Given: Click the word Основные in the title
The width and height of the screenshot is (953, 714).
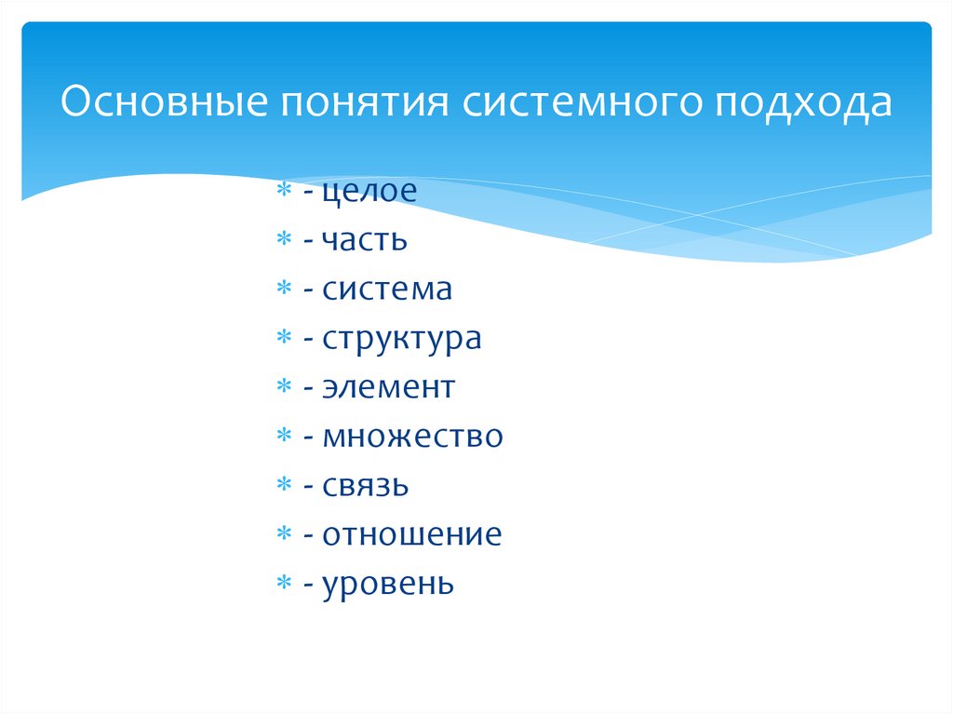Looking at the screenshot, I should click(158, 102).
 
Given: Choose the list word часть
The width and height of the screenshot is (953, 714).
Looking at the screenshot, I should click(365, 240).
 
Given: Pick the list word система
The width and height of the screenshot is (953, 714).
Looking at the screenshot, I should click(387, 290).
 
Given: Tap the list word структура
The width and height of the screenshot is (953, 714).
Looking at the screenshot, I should click(402, 339).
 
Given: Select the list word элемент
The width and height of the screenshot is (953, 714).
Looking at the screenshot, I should click(389, 387).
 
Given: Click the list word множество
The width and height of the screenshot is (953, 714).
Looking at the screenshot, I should click(413, 437).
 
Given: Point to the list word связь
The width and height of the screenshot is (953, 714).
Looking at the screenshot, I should click(366, 486).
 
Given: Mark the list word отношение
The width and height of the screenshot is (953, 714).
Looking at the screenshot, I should click(412, 534).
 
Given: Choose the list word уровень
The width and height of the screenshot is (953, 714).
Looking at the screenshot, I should click(388, 584).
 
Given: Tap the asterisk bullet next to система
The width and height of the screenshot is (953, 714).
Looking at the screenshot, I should click(284, 290).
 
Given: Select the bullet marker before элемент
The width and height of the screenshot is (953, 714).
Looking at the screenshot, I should click(284, 387).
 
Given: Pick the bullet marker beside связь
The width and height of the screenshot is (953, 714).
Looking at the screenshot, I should click(284, 486).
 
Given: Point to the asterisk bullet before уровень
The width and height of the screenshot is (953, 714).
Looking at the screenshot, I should click(284, 584).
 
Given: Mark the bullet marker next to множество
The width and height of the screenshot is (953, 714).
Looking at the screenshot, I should click(284, 437).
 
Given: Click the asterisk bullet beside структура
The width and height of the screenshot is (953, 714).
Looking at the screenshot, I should click(284, 339).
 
